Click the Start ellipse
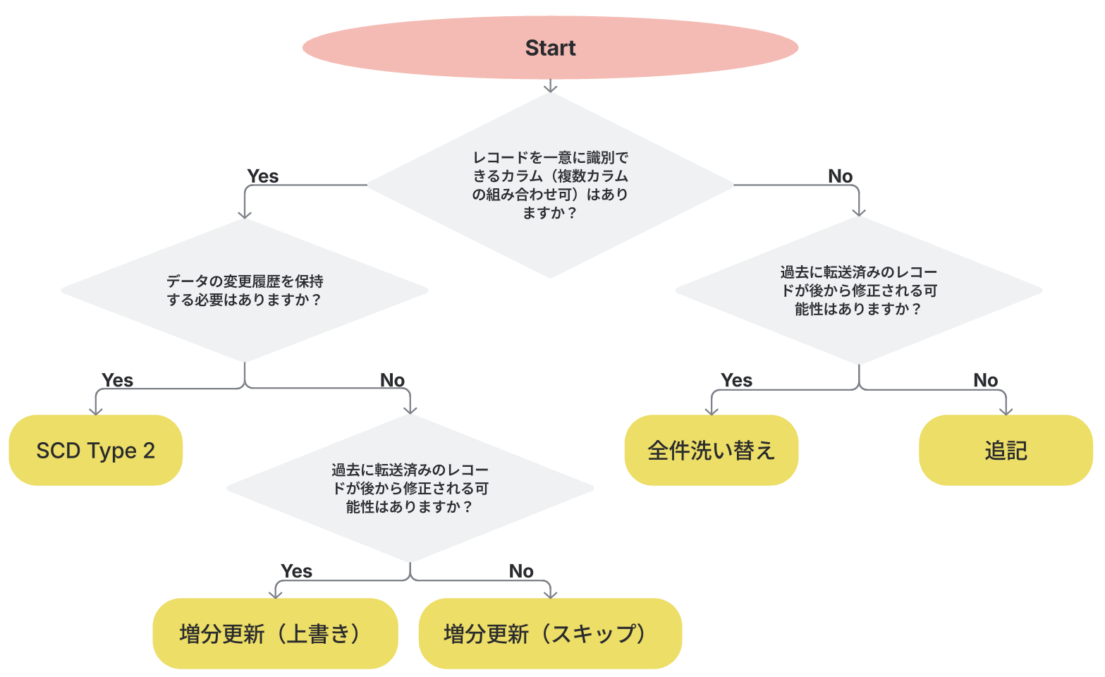pos(550,48)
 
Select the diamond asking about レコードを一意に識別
pos(550,185)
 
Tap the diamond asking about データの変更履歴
pos(245,291)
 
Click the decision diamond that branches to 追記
pos(858,291)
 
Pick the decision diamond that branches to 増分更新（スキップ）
pos(410,488)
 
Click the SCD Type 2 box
pos(95,450)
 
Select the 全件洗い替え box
pos(711,450)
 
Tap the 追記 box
pos(1006,450)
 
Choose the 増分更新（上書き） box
pos(275,633)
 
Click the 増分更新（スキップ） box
pos(550,633)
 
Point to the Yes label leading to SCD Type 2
pos(117,380)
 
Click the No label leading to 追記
pos(985,380)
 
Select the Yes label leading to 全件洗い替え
pos(736,380)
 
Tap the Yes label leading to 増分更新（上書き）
pos(296,571)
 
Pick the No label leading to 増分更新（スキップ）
pos(521,571)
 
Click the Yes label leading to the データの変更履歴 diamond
pos(263,176)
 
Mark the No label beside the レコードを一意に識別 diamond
pos(840,176)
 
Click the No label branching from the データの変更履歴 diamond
pos(392,380)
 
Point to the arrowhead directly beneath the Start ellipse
pos(550,87)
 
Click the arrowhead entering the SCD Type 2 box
pos(95,410)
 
